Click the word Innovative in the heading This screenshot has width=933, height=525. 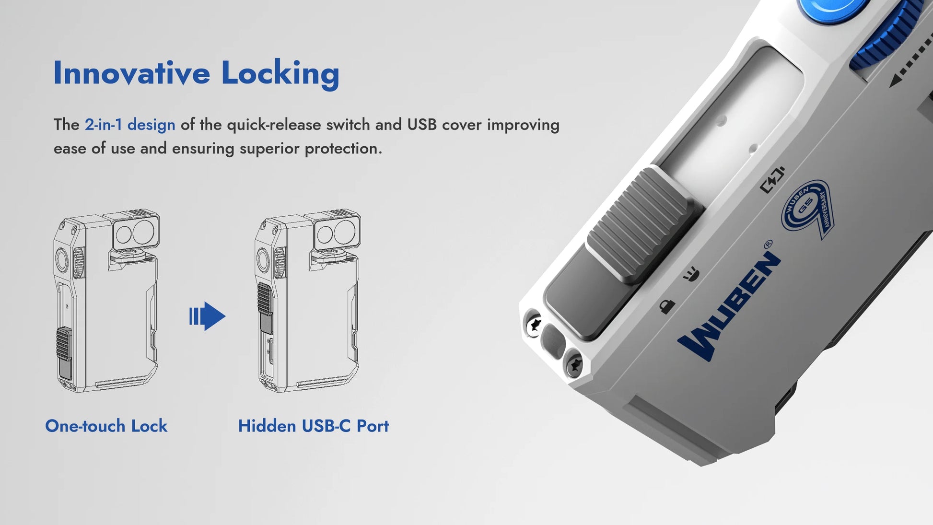(x=131, y=73)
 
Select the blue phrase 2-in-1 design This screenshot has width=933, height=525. (x=130, y=125)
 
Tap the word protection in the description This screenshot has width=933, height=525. (x=343, y=149)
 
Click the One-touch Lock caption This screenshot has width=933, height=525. (x=106, y=426)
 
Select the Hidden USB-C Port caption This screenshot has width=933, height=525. (x=314, y=426)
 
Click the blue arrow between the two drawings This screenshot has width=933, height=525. (x=207, y=316)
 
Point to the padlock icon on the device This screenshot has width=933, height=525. (x=666, y=306)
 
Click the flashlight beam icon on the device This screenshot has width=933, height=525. (x=691, y=275)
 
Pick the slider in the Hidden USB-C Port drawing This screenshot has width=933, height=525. (x=265, y=307)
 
